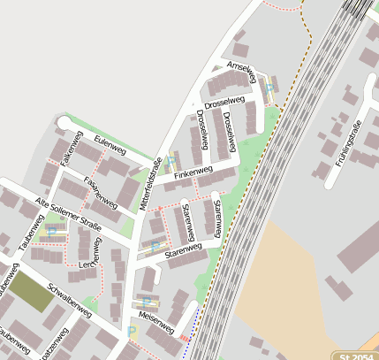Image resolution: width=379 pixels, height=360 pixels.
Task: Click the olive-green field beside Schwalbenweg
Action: pyautogui.click(x=32, y=292)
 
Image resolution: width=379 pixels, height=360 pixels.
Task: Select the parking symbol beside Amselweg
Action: pyautogui.click(x=269, y=89)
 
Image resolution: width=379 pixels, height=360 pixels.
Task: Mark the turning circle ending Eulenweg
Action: pyautogui.click(x=63, y=121)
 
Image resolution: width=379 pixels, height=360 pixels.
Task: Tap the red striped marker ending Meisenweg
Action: pyautogui.click(x=184, y=337)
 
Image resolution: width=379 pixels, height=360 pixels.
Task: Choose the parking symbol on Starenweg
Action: pyautogui.click(x=155, y=246)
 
